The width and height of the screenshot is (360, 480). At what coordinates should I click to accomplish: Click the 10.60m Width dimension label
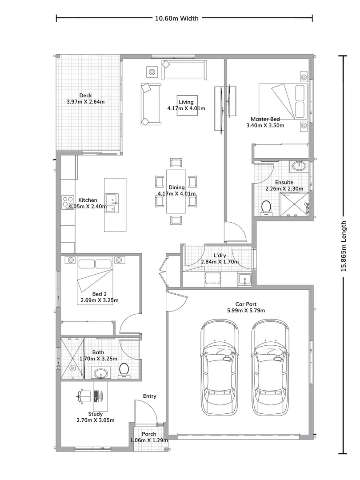coord(176,18)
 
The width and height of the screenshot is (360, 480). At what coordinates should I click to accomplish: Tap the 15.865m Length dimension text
coord(343,252)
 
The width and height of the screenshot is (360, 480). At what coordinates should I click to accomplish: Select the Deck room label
coord(85,96)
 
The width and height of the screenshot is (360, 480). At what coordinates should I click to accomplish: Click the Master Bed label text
coord(265,119)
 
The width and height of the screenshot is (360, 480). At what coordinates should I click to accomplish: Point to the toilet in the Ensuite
coord(266,208)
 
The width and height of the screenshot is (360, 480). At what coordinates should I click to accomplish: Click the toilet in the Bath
coord(124,370)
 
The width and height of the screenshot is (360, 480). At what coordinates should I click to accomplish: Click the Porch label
coord(149,434)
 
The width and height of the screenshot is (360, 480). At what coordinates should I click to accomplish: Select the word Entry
coord(149,396)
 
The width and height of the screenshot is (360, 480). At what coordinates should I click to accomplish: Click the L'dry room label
coord(220,256)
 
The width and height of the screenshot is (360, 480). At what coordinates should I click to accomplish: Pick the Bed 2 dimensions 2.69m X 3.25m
coord(100,300)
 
